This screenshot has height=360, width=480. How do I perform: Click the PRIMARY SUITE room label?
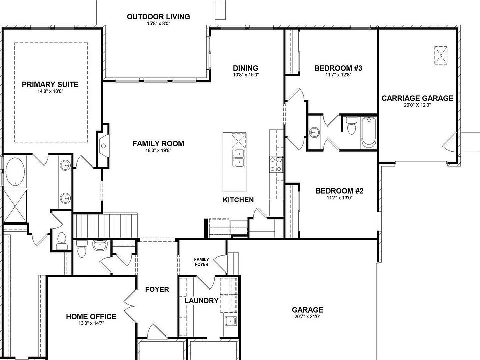[x=50, y=84]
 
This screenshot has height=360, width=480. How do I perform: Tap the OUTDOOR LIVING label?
[x=158, y=17]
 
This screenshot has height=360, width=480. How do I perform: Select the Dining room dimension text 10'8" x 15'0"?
[x=245, y=75]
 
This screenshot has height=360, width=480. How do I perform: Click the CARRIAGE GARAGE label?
[x=417, y=98]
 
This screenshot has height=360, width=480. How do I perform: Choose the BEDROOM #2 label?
[x=338, y=191]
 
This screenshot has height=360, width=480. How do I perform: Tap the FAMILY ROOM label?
[x=158, y=144]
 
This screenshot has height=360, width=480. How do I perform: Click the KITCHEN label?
[x=238, y=200]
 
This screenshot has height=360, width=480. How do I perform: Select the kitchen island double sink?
[x=239, y=158]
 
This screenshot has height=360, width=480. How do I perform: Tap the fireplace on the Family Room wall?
[x=103, y=145]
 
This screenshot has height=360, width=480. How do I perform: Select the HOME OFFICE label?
[x=91, y=316]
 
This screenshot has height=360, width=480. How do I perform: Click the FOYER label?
[x=157, y=289]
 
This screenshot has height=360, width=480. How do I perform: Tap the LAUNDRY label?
[x=201, y=301]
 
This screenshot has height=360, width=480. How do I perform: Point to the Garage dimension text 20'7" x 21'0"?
[x=307, y=316]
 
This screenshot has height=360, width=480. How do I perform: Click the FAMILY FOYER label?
[x=201, y=261]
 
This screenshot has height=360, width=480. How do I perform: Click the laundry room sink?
[x=230, y=320]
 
